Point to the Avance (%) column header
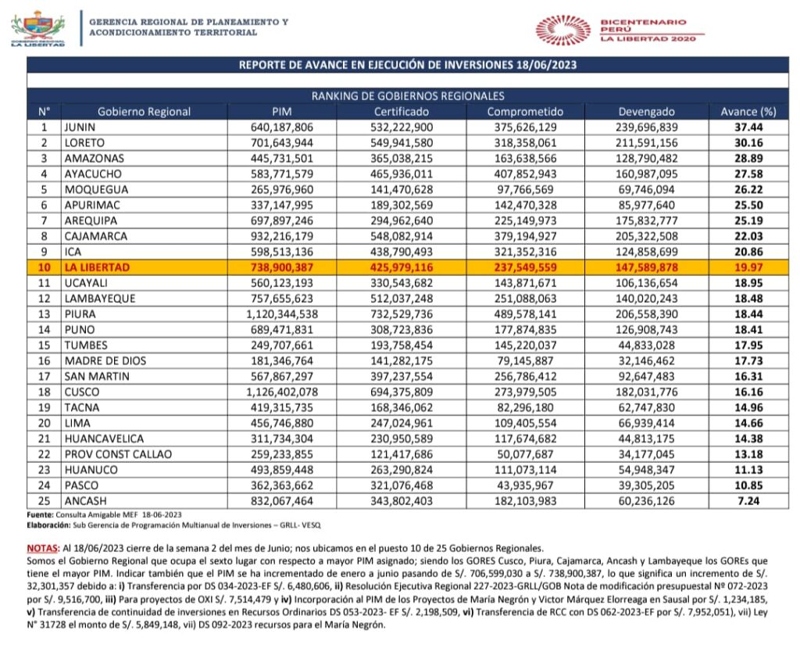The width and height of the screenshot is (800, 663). click(x=748, y=111)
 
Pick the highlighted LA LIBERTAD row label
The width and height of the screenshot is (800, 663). click(x=97, y=267)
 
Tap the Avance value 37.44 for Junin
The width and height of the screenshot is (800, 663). click(x=748, y=127)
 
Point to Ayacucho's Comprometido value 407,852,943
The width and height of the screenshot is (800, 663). click(x=526, y=174)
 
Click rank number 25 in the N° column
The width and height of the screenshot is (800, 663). click(x=45, y=500)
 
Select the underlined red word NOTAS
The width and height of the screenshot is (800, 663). click(x=42, y=549)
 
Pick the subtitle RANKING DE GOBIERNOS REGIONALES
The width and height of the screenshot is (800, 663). click(x=407, y=96)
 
